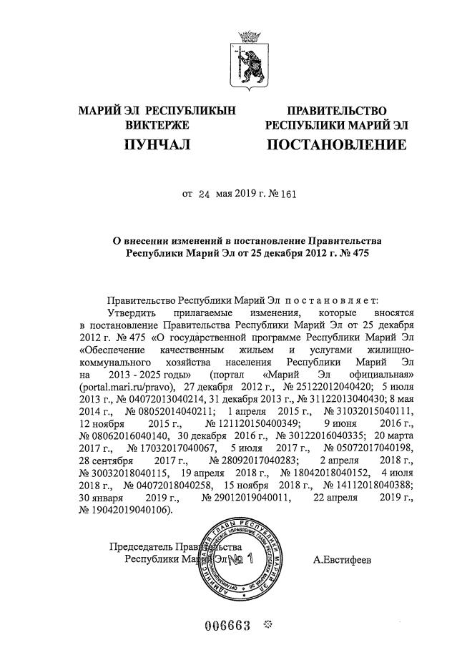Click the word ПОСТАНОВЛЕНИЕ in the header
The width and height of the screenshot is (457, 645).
click(336, 145)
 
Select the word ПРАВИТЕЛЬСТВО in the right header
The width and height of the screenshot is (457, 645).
click(336, 111)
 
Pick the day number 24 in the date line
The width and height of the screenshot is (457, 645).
click(207, 193)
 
